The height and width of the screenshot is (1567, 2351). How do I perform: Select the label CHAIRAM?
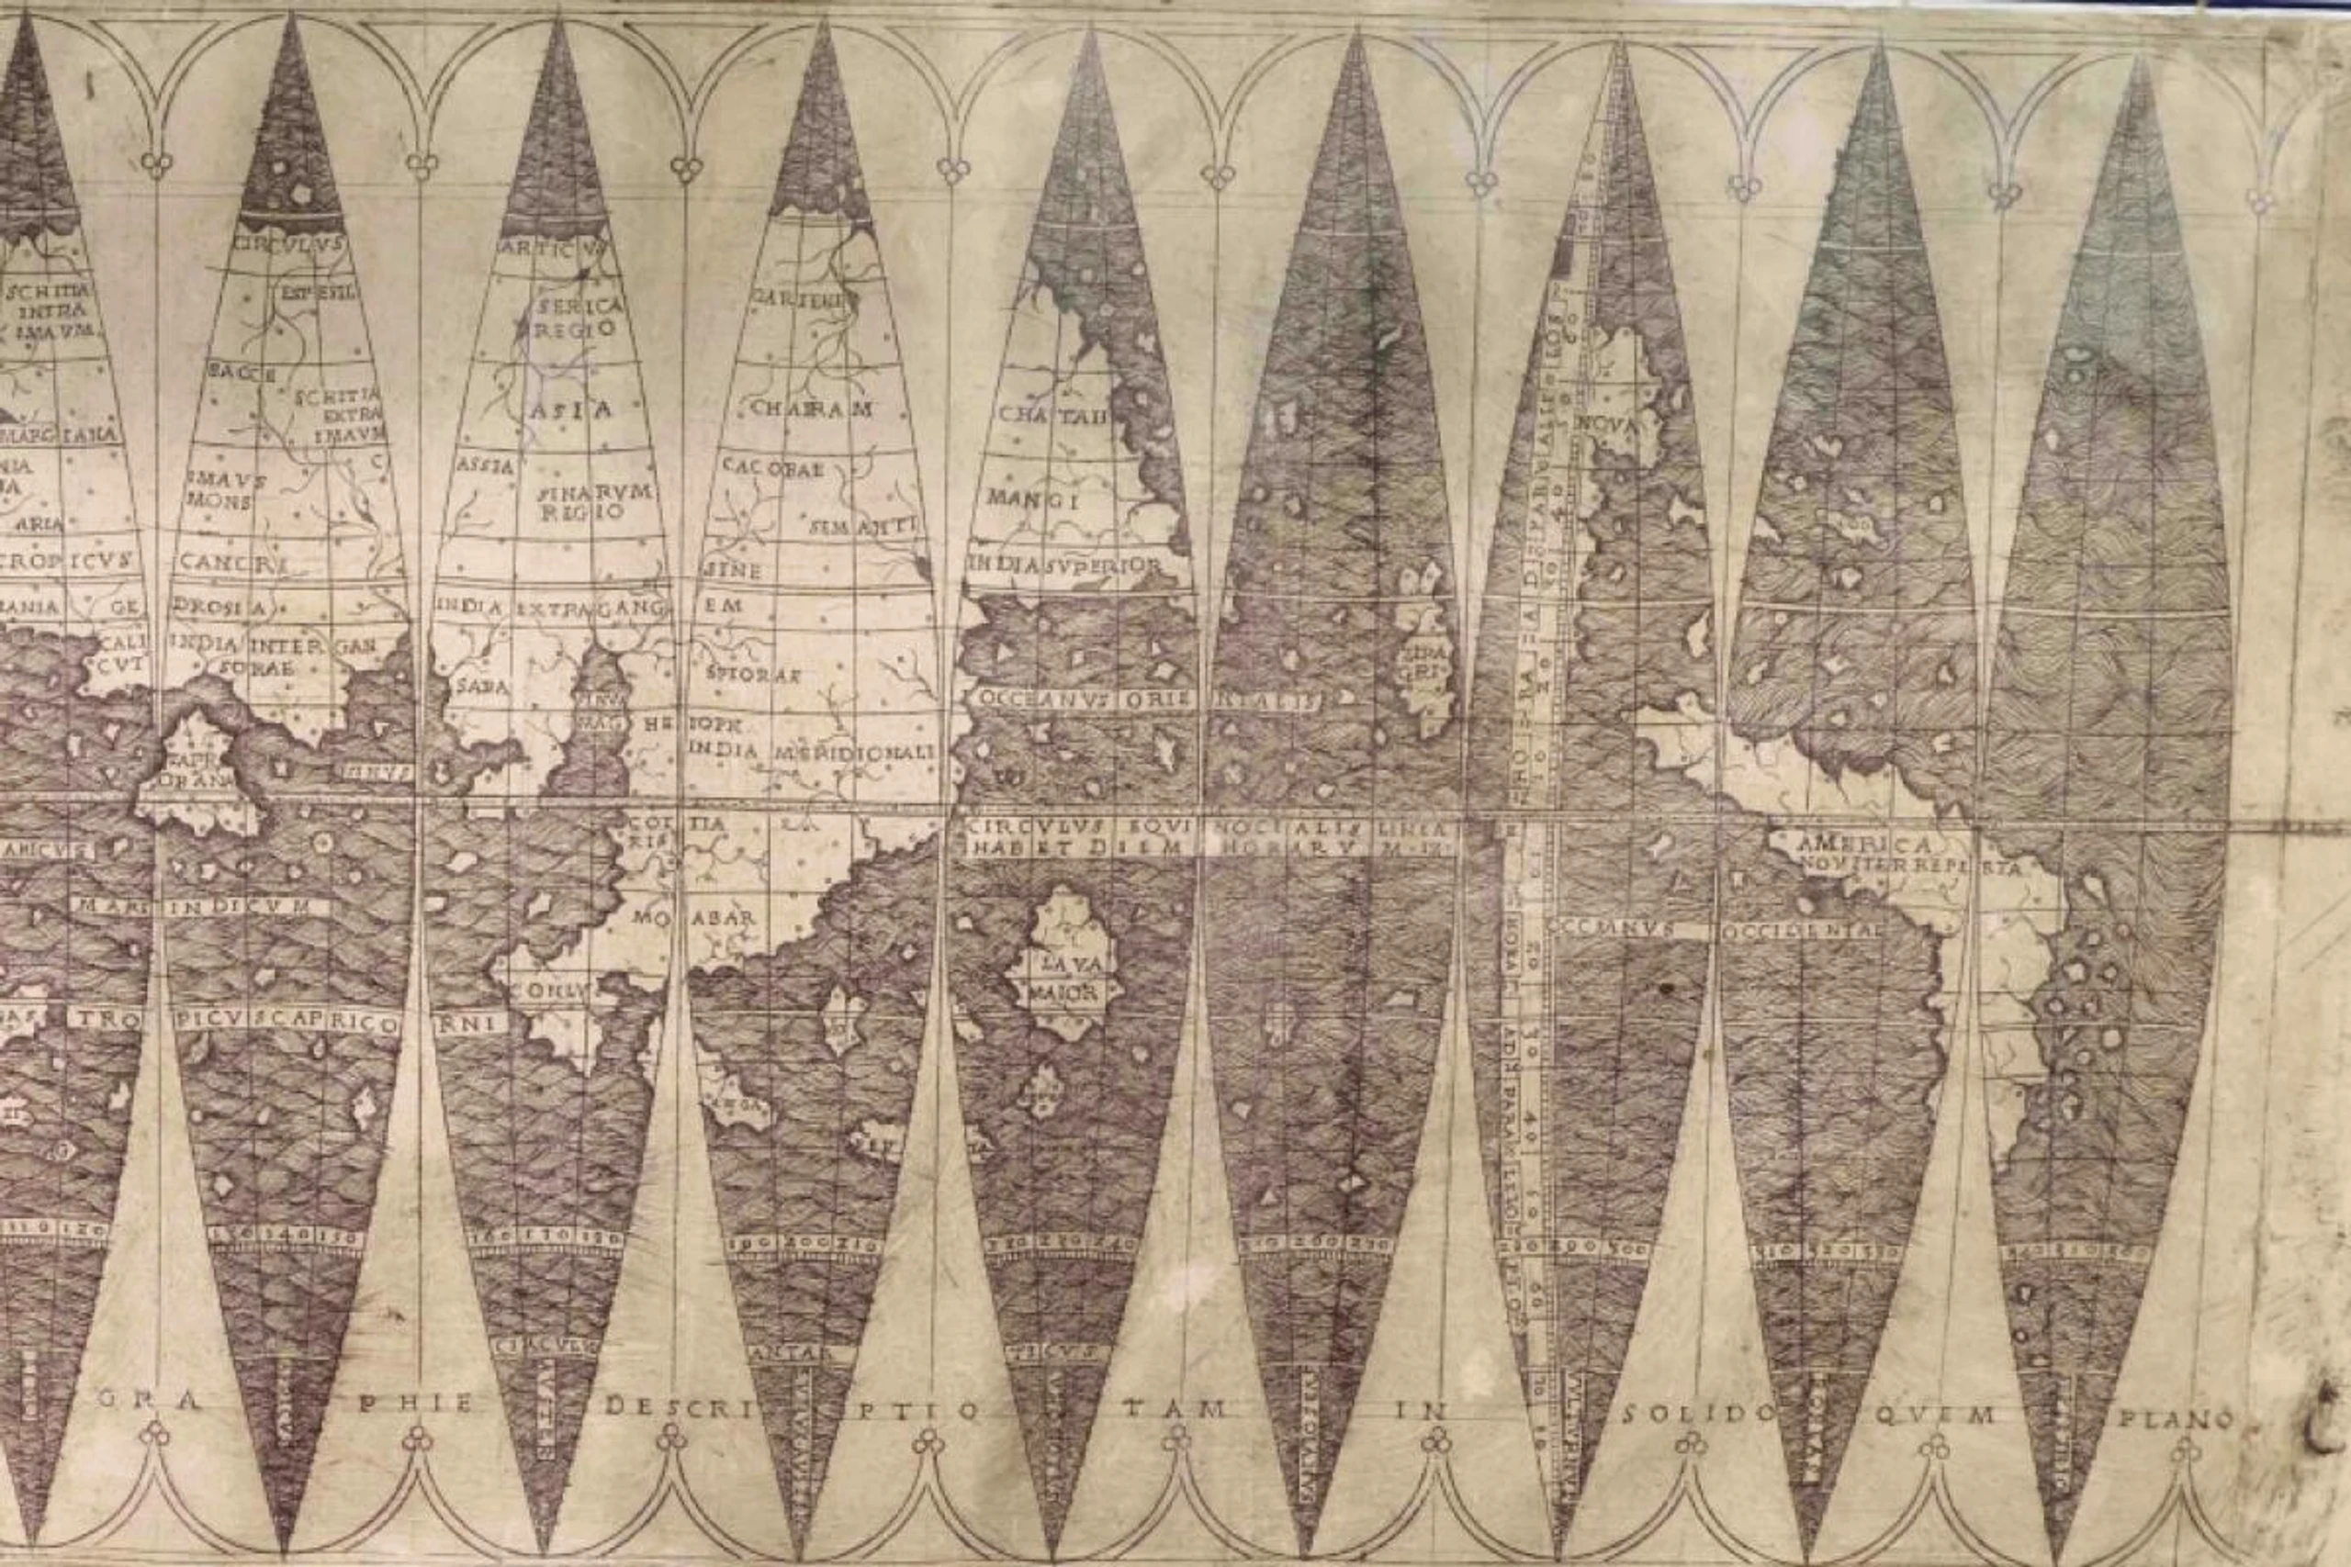tap(812, 409)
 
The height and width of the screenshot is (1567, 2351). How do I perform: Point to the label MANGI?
tap(1032, 498)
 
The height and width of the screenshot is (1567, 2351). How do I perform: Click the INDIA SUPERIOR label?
tap(1064, 565)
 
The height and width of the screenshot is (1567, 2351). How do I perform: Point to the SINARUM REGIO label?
tap(594, 502)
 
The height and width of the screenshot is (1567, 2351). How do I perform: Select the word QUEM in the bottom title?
tap(1935, 1416)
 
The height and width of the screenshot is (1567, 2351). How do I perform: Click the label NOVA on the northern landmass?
tap(1606, 425)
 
